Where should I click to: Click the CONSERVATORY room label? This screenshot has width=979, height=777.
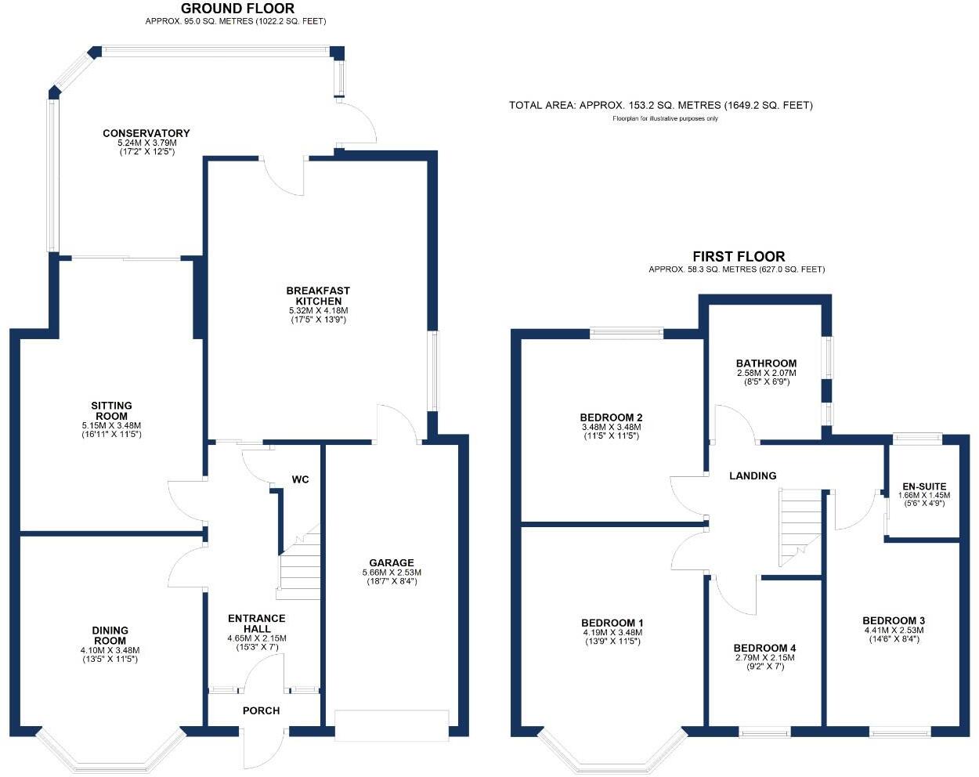click(x=146, y=133)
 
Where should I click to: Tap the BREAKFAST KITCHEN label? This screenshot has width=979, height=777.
click(x=318, y=296)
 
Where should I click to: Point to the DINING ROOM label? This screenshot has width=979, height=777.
click(x=110, y=635)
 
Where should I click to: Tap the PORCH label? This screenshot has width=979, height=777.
click(x=261, y=710)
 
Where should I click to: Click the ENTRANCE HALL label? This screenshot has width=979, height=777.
click(x=257, y=623)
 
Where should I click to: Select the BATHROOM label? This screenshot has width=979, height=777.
click(x=766, y=363)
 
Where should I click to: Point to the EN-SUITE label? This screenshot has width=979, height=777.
click(x=923, y=486)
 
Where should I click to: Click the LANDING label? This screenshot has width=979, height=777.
click(x=753, y=475)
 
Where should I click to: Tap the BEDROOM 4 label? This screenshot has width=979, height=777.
click(x=764, y=649)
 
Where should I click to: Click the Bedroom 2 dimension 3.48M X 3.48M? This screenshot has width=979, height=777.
click(x=612, y=427)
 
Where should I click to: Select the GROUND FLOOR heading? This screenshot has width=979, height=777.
click(x=237, y=9)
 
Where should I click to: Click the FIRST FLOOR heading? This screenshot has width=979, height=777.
click(x=738, y=256)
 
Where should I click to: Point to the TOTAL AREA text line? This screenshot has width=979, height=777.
click(x=660, y=105)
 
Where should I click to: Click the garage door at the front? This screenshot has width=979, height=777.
click(x=391, y=723)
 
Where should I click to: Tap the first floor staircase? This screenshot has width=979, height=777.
click(x=799, y=526)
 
